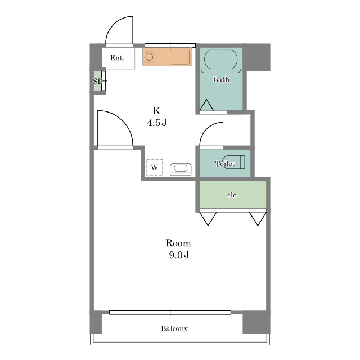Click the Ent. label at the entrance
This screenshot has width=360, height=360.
[x=118, y=57]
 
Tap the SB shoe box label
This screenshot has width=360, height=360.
[x=97, y=81]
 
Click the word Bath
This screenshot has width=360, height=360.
[x=221, y=79]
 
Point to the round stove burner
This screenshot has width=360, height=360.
[x=149, y=56]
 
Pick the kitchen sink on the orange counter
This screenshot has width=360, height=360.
[x=180, y=57]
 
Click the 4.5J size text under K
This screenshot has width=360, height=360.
[x=157, y=123]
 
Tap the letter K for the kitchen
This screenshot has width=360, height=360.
[x=156, y=111]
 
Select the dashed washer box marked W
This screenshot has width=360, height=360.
[x=154, y=167]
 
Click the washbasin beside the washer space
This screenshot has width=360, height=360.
[x=181, y=169]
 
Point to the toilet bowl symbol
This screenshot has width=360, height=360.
[x=234, y=162]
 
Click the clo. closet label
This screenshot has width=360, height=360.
[x=233, y=195]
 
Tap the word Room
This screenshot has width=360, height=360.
[x=178, y=243]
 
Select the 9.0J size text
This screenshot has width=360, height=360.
[x=179, y=255]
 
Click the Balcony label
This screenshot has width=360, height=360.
[x=174, y=328]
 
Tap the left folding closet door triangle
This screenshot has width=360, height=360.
[x=208, y=219]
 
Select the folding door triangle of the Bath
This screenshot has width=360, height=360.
[x=206, y=105]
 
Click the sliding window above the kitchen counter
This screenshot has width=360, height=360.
[x=170, y=45]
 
